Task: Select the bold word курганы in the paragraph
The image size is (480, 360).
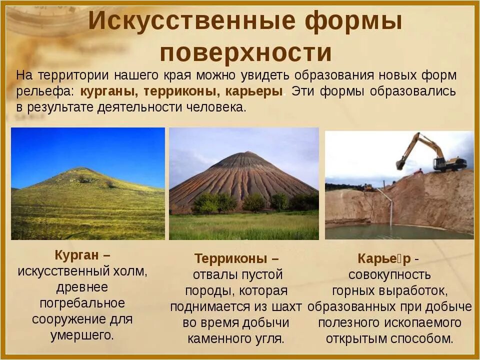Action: (109, 92)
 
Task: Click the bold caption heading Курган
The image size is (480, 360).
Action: (78, 255)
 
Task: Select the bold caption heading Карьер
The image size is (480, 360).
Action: (384, 258)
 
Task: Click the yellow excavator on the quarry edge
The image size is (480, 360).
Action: (440, 155)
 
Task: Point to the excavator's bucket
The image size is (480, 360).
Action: (400, 164)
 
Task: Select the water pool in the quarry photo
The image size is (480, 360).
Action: (395, 231)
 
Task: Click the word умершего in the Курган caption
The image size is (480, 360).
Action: (81, 335)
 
